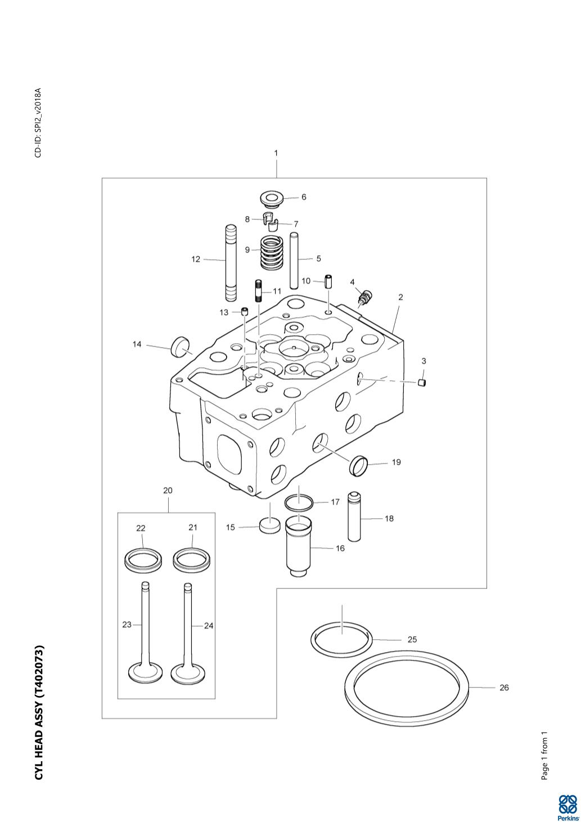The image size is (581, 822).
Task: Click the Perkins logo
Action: point(568,807)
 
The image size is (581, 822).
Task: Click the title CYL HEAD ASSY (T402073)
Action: point(39,712)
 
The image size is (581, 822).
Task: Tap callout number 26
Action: point(504,688)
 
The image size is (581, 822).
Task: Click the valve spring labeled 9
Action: point(272,253)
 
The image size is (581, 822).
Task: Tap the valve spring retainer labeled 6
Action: point(271,198)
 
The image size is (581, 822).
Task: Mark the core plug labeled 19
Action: point(359,465)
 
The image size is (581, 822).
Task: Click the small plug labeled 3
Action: point(422,383)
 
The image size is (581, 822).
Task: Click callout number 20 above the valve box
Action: point(168,490)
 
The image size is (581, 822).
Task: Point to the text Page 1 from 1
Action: point(544,756)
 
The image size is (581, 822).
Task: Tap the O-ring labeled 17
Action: point(298,501)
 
